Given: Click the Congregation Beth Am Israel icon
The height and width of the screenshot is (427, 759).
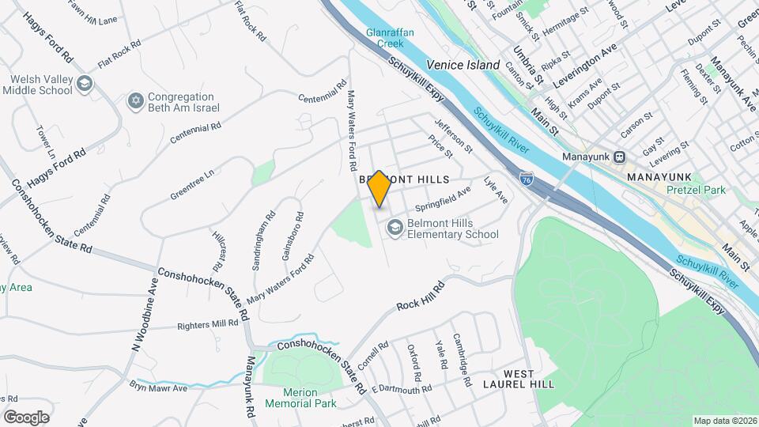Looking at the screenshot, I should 135,101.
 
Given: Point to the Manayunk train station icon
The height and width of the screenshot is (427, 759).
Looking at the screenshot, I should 620,157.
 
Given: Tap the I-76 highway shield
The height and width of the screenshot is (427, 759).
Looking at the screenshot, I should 527,181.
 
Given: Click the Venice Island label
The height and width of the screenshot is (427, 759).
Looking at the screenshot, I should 463,65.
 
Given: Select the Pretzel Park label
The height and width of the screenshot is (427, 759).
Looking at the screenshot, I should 674,191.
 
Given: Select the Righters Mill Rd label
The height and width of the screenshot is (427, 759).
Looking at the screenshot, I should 207,323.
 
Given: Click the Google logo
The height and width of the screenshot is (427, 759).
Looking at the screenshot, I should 26,418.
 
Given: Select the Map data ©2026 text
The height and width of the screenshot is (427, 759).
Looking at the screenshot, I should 725,421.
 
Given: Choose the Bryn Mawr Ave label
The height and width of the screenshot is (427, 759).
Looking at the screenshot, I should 158,387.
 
